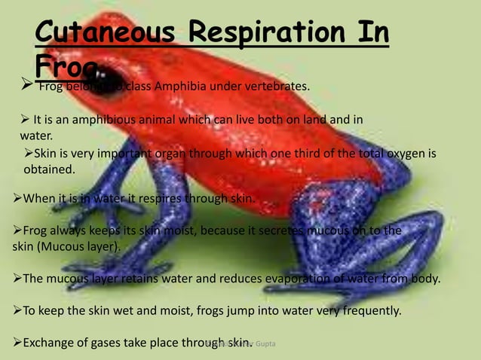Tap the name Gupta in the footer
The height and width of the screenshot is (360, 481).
(x=264, y=343)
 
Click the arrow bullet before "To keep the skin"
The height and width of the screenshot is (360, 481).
(x=18, y=310)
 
